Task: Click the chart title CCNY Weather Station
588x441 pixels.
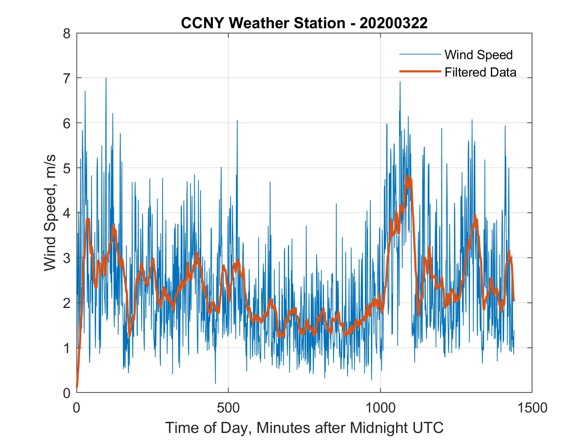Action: pyautogui.click(x=263, y=23)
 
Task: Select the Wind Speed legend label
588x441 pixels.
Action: pyautogui.click(x=478, y=55)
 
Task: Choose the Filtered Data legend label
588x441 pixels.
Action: pyautogui.click(x=480, y=72)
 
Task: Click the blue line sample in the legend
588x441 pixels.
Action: pyautogui.click(x=420, y=54)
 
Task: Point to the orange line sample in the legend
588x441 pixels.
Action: pyautogui.click(x=420, y=72)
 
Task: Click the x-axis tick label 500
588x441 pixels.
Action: pyautogui.click(x=228, y=408)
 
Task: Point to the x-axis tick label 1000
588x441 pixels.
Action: pyautogui.click(x=380, y=408)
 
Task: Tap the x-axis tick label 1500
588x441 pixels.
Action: pyautogui.click(x=532, y=408)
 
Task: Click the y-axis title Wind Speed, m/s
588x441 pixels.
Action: pyautogui.click(x=50, y=213)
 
